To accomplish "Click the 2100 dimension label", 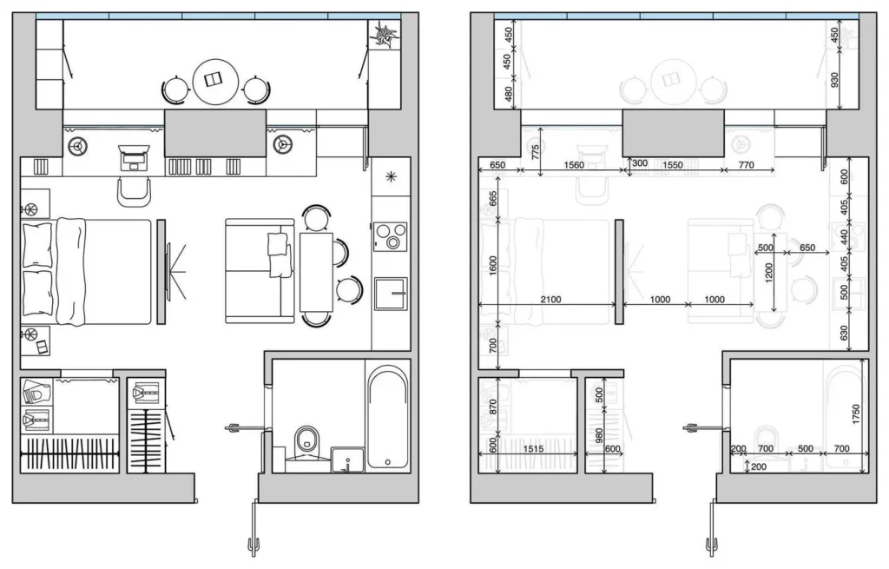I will point(550,300).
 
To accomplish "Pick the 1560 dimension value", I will point(573,164).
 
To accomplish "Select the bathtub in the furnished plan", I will point(386,417).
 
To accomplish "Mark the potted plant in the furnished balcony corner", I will point(384,34).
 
